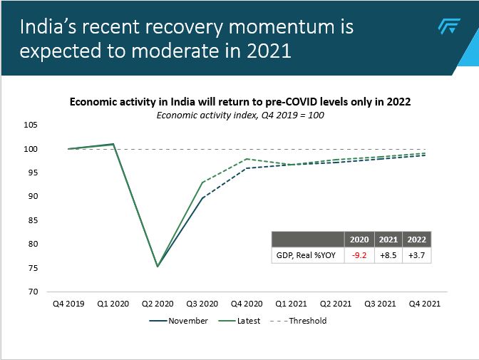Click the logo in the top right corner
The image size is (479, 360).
pyautogui.click(x=448, y=27)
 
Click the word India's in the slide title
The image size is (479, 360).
pyautogui.click(x=54, y=28)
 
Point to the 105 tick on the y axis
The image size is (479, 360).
pyautogui.click(x=30, y=125)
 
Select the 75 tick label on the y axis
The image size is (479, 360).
pyautogui.click(x=32, y=267)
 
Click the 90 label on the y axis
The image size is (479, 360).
pyautogui.click(x=32, y=196)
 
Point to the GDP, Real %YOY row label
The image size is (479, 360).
pyautogui.click(x=306, y=255)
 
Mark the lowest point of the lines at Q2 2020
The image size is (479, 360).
pyautogui.click(x=157, y=267)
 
